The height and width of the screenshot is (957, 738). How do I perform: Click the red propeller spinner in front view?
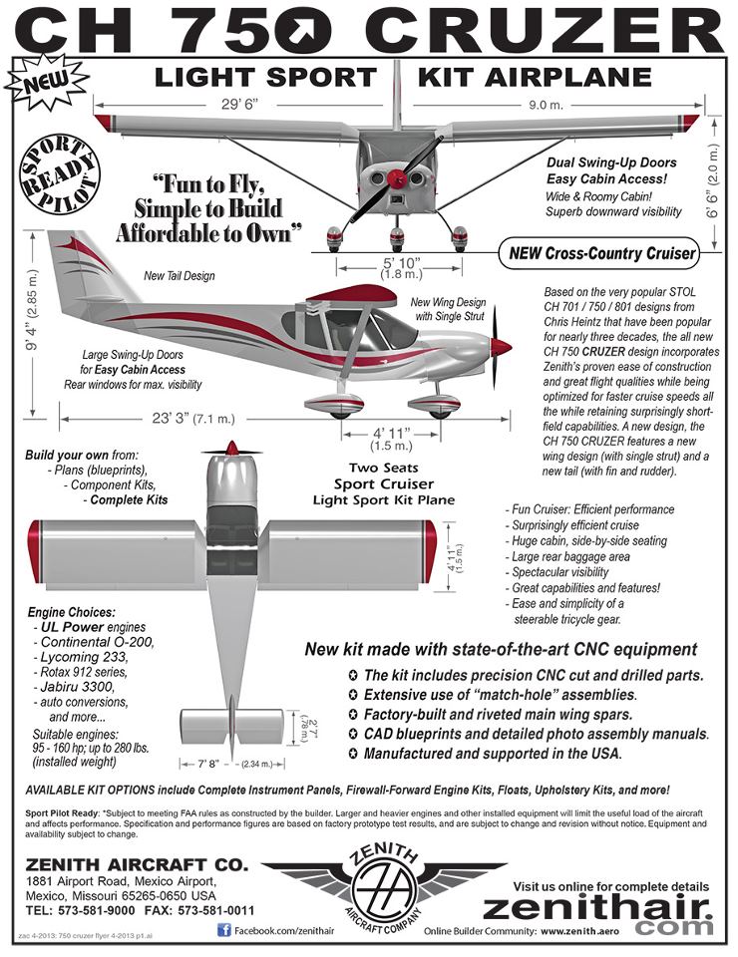point(397,178)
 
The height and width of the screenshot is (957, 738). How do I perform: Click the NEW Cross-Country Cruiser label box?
point(601,253)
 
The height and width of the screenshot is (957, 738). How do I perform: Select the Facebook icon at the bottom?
point(224,929)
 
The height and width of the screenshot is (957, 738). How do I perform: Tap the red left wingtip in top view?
point(35,551)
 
